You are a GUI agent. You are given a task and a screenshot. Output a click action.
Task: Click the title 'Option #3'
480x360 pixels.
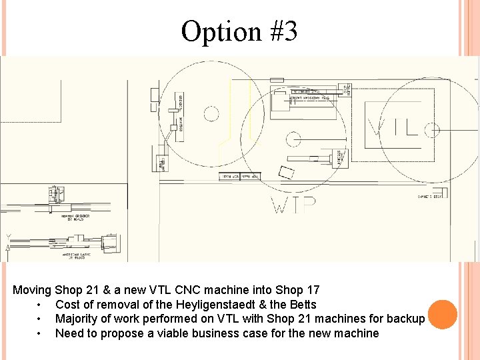239,31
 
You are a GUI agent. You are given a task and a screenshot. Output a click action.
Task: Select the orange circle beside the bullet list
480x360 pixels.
442,314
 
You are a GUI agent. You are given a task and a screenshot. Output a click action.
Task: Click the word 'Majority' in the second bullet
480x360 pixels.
79,319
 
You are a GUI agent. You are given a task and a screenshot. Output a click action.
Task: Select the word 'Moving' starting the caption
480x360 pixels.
32,290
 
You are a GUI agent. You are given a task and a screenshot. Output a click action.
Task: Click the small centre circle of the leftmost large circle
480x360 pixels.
211,114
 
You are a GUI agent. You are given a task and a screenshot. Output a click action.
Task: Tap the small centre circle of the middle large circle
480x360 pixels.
293,139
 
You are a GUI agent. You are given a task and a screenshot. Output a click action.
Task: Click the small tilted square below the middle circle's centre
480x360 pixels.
286,172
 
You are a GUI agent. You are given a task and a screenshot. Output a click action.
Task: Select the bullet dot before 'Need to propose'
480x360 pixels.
41,333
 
